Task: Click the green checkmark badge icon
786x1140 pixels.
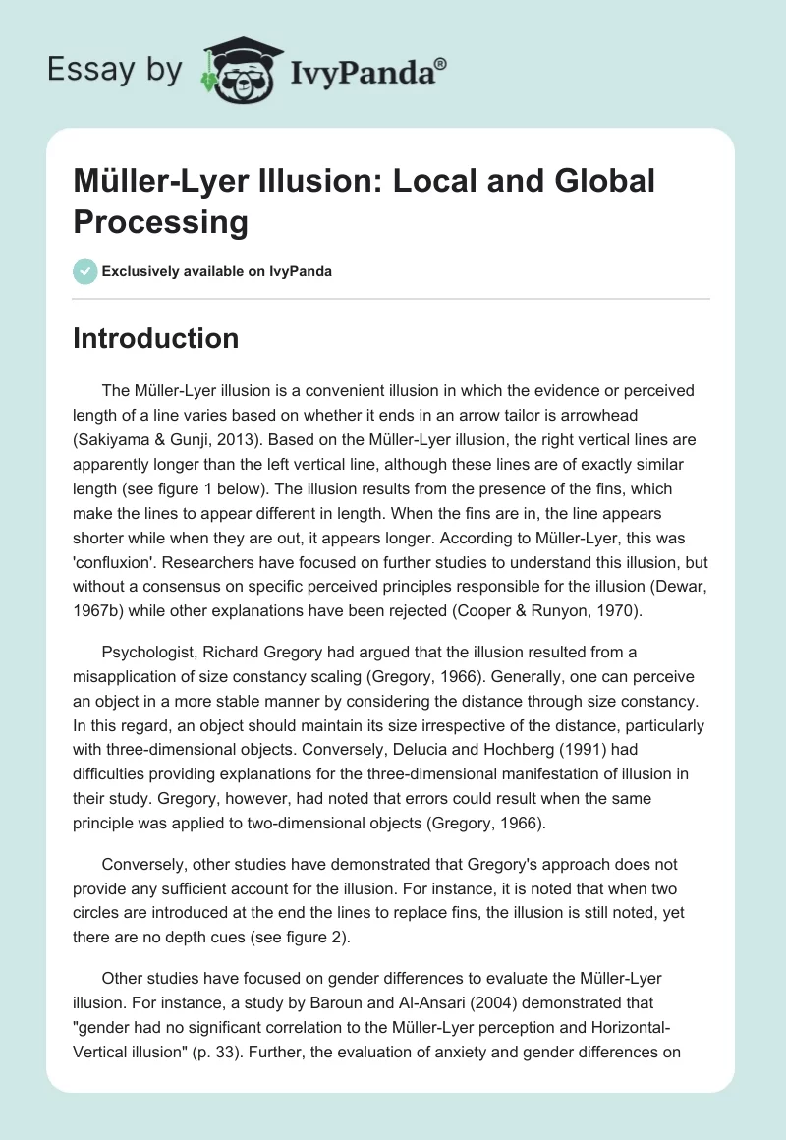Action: click(x=85, y=271)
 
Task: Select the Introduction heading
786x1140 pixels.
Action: click(x=156, y=338)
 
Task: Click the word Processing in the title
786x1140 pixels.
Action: click(x=160, y=222)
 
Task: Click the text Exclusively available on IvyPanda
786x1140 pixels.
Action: click(x=216, y=271)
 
